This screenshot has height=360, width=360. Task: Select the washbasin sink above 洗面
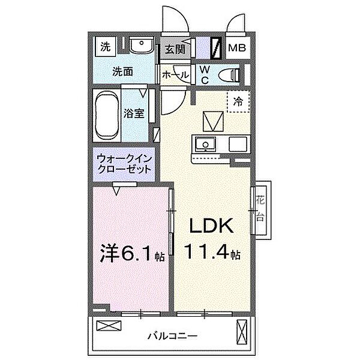(x=141, y=45)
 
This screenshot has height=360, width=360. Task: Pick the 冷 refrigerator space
(x=238, y=103)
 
